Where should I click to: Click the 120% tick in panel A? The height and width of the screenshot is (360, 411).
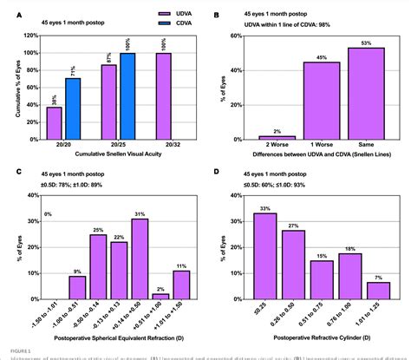(x=31, y=36)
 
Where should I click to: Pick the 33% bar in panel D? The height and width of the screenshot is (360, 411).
(x=264, y=255)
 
